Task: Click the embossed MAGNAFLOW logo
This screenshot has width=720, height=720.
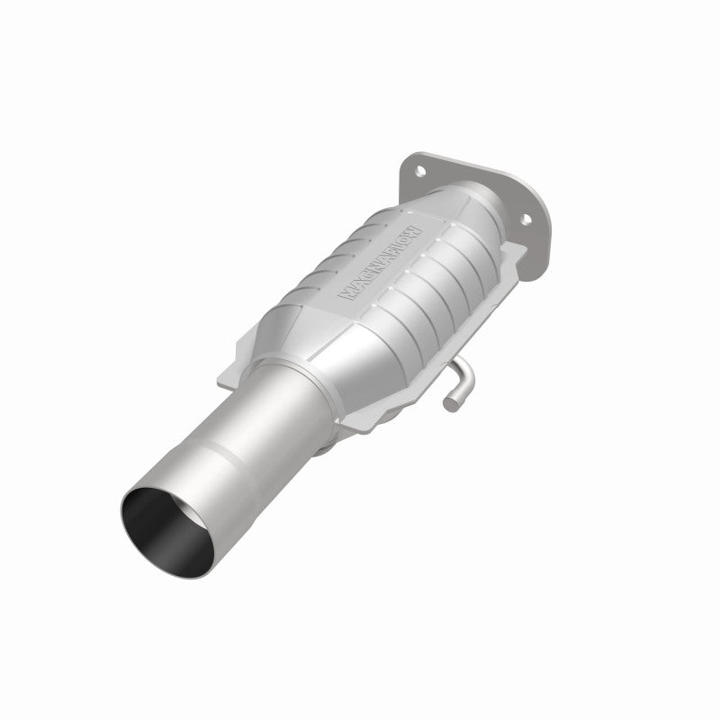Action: tap(377, 264)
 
